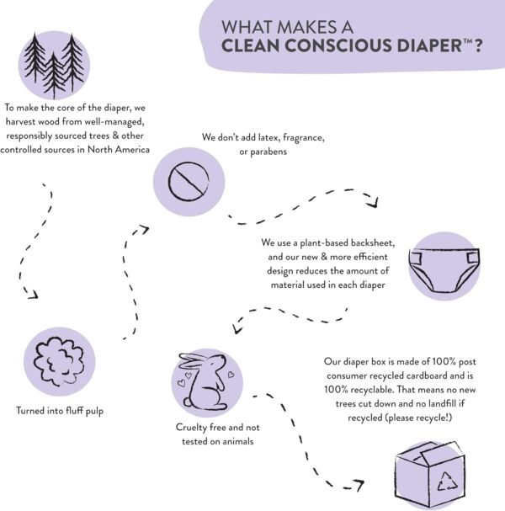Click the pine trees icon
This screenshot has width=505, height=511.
(x=54, y=65)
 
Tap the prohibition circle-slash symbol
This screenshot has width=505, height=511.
(x=189, y=181)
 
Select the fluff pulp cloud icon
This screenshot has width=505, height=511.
(x=59, y=361)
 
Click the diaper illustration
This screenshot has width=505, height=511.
(x=444, y=270)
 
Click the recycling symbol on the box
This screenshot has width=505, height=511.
(x=447, y=482)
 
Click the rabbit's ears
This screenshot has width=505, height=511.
(x=193, y=361)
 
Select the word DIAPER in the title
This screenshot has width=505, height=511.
(x=429, y=45)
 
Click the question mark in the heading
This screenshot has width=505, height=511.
(x=477, y=45)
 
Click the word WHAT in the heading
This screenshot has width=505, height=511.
(x=243, y=27)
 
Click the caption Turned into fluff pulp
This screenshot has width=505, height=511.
(x=60, y=411)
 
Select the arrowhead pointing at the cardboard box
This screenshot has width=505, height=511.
(x=359, y=485)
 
